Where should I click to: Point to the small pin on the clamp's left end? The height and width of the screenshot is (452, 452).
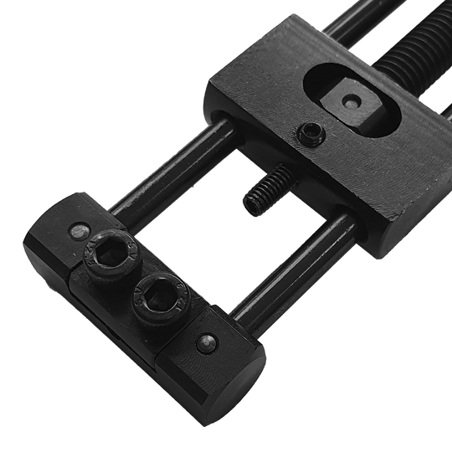click(x=78, y=229)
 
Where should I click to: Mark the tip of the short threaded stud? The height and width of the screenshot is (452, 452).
click(x=248, y=202)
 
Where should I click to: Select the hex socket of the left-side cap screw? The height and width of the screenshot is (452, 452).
click(x=108, y=250)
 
